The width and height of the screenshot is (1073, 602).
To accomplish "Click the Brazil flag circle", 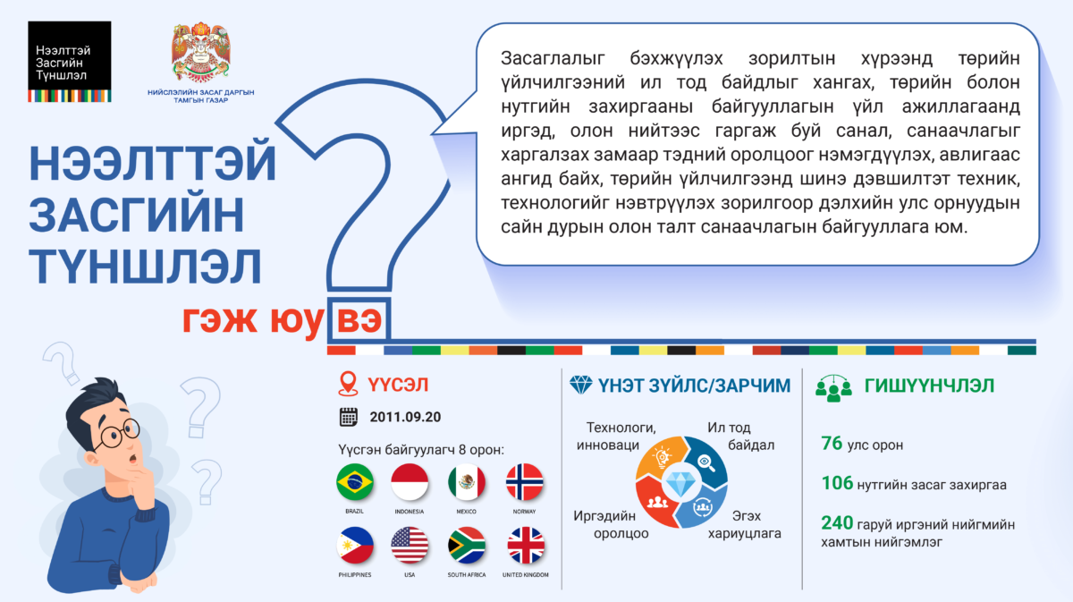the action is point(354,482).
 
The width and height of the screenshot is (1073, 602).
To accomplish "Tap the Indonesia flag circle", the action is point(410,482).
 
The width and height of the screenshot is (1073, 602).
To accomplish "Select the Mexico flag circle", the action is point(466,482).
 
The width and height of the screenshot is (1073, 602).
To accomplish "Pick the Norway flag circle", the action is point(525,482).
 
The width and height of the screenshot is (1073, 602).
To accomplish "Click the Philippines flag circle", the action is point(354,546).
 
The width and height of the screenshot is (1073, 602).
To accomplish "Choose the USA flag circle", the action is point(410,546).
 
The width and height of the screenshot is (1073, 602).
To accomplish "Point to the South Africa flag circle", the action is point(466,546).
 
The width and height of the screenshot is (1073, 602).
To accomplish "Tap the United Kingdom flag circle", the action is point(526,546).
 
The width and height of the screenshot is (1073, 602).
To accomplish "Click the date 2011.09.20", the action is point(405,417).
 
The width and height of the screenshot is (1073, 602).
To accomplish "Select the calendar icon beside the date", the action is point(348,417).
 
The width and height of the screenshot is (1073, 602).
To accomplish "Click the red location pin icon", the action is point(348,384).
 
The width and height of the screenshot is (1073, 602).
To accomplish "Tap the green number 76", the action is point(832,444).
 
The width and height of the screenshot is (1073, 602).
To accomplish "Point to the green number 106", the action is point(837,483).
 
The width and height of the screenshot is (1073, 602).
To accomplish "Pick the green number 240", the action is point(837,523).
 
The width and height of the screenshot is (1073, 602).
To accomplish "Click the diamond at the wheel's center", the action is point(680,484).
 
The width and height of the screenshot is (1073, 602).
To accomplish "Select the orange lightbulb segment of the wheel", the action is point(660,458).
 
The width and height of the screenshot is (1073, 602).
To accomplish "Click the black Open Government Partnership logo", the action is point(70,62).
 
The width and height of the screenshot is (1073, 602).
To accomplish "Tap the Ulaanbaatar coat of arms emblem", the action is point(200,52).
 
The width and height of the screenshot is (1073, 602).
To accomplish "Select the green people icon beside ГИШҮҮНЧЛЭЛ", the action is point(833,388).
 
